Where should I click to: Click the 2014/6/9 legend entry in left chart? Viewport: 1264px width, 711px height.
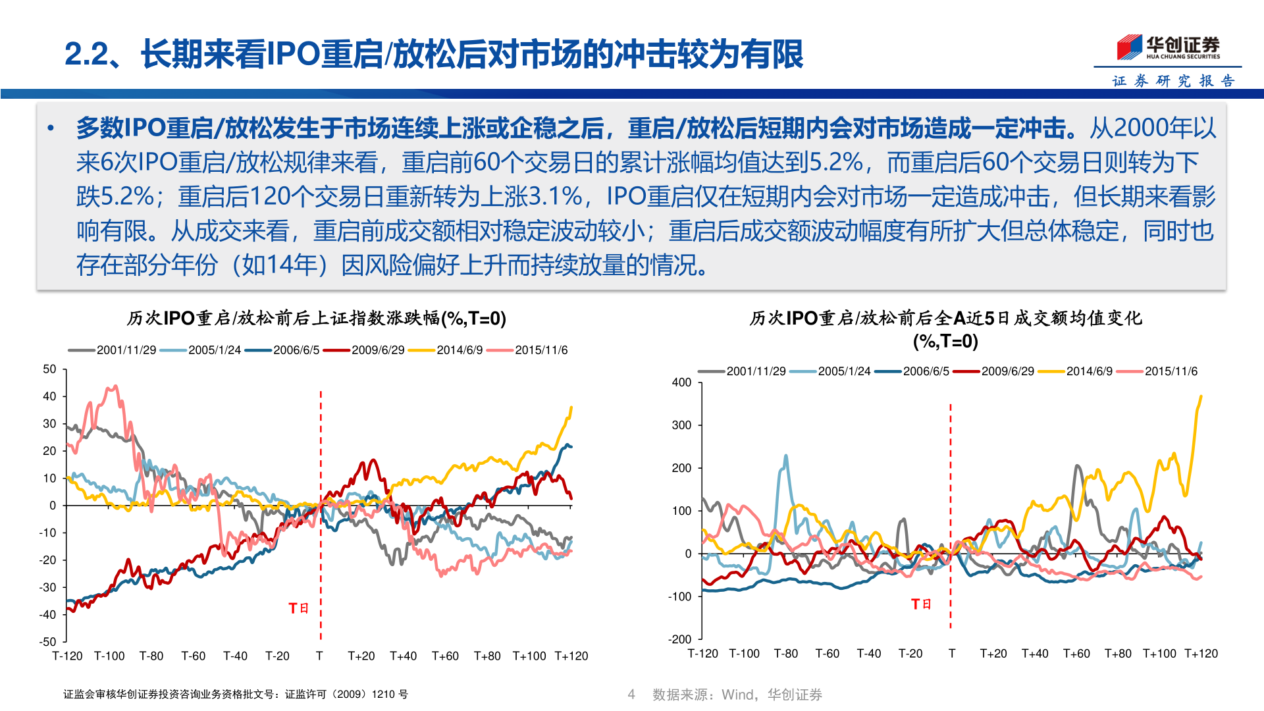pos(459,350)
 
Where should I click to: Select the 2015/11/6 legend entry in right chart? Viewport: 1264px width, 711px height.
pos(1171,371)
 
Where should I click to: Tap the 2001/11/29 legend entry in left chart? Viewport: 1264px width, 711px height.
pos(126,350)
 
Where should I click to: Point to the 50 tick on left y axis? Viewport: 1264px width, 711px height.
pos(49,369)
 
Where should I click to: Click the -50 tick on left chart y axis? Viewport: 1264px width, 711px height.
pos(47,642)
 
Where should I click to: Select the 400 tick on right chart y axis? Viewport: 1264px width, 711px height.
pos(681,382)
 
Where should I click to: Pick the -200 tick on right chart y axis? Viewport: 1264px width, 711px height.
pos(680,639)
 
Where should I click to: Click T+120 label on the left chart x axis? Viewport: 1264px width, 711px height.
pos(571,656)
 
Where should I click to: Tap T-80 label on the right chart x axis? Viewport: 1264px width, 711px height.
pos(785,654)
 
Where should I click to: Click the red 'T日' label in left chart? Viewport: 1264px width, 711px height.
pos(298,608)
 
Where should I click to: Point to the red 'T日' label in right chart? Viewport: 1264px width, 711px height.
pos(921,604)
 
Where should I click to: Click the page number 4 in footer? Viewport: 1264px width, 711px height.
pos(631,695)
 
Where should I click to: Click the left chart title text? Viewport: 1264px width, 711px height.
pos(316,319)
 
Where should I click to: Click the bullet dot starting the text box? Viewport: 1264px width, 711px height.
pos(51,128)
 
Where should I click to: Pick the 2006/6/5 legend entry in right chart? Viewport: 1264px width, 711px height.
pos(926,371)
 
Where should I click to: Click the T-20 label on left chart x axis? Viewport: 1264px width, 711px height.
pos(277,656)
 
